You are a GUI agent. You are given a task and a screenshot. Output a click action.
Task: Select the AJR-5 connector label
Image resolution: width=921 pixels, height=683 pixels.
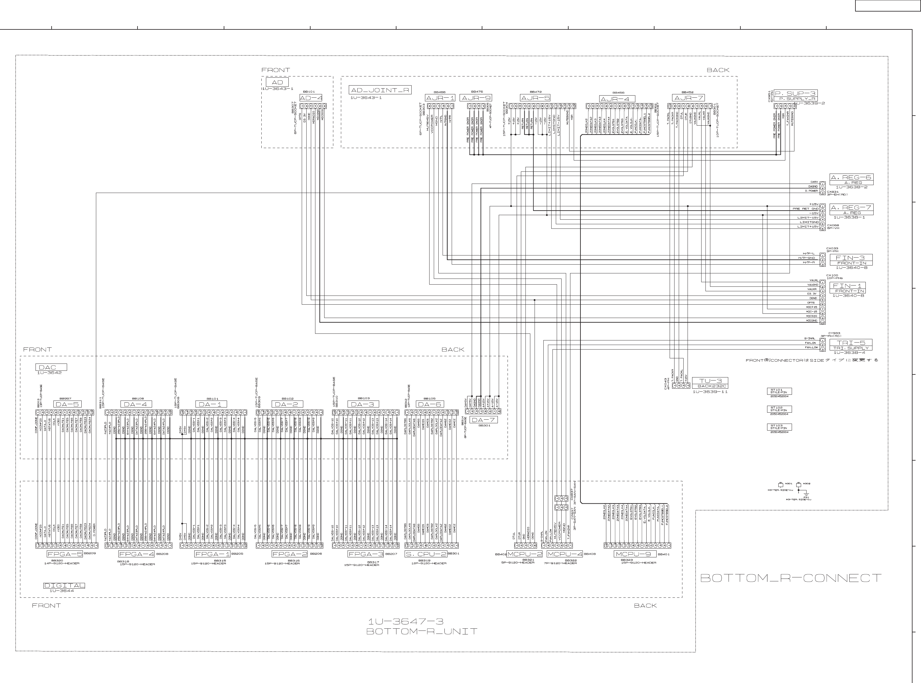tap(535, 98)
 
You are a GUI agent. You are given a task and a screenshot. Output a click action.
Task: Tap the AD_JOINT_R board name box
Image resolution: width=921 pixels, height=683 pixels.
tap(380, 90)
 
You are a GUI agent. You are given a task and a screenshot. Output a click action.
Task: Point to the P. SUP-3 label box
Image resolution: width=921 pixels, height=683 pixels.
tap(795, 93)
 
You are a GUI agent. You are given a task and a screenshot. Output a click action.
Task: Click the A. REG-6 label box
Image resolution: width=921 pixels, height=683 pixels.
tap(851, 178)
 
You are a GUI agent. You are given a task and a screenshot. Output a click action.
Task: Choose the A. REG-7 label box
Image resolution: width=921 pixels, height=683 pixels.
tap(851, 208)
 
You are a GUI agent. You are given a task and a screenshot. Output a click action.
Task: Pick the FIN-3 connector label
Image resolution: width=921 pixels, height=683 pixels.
tap(850, 258)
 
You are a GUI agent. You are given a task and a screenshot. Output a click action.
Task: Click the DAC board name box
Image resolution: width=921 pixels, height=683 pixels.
tap(51, 367)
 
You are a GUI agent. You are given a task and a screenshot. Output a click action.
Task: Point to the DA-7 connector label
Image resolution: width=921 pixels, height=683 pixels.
tap(483, 420)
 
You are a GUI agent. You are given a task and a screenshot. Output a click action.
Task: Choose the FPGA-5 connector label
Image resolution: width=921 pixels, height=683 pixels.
tap(65, 554)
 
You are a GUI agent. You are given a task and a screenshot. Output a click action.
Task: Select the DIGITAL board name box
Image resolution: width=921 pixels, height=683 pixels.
tap(64, 585)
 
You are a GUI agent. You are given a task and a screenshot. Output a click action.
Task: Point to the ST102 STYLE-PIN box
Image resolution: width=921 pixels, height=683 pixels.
tap(779, 409)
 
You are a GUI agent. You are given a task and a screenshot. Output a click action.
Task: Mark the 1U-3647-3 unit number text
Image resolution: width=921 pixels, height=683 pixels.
tap(405, 621)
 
